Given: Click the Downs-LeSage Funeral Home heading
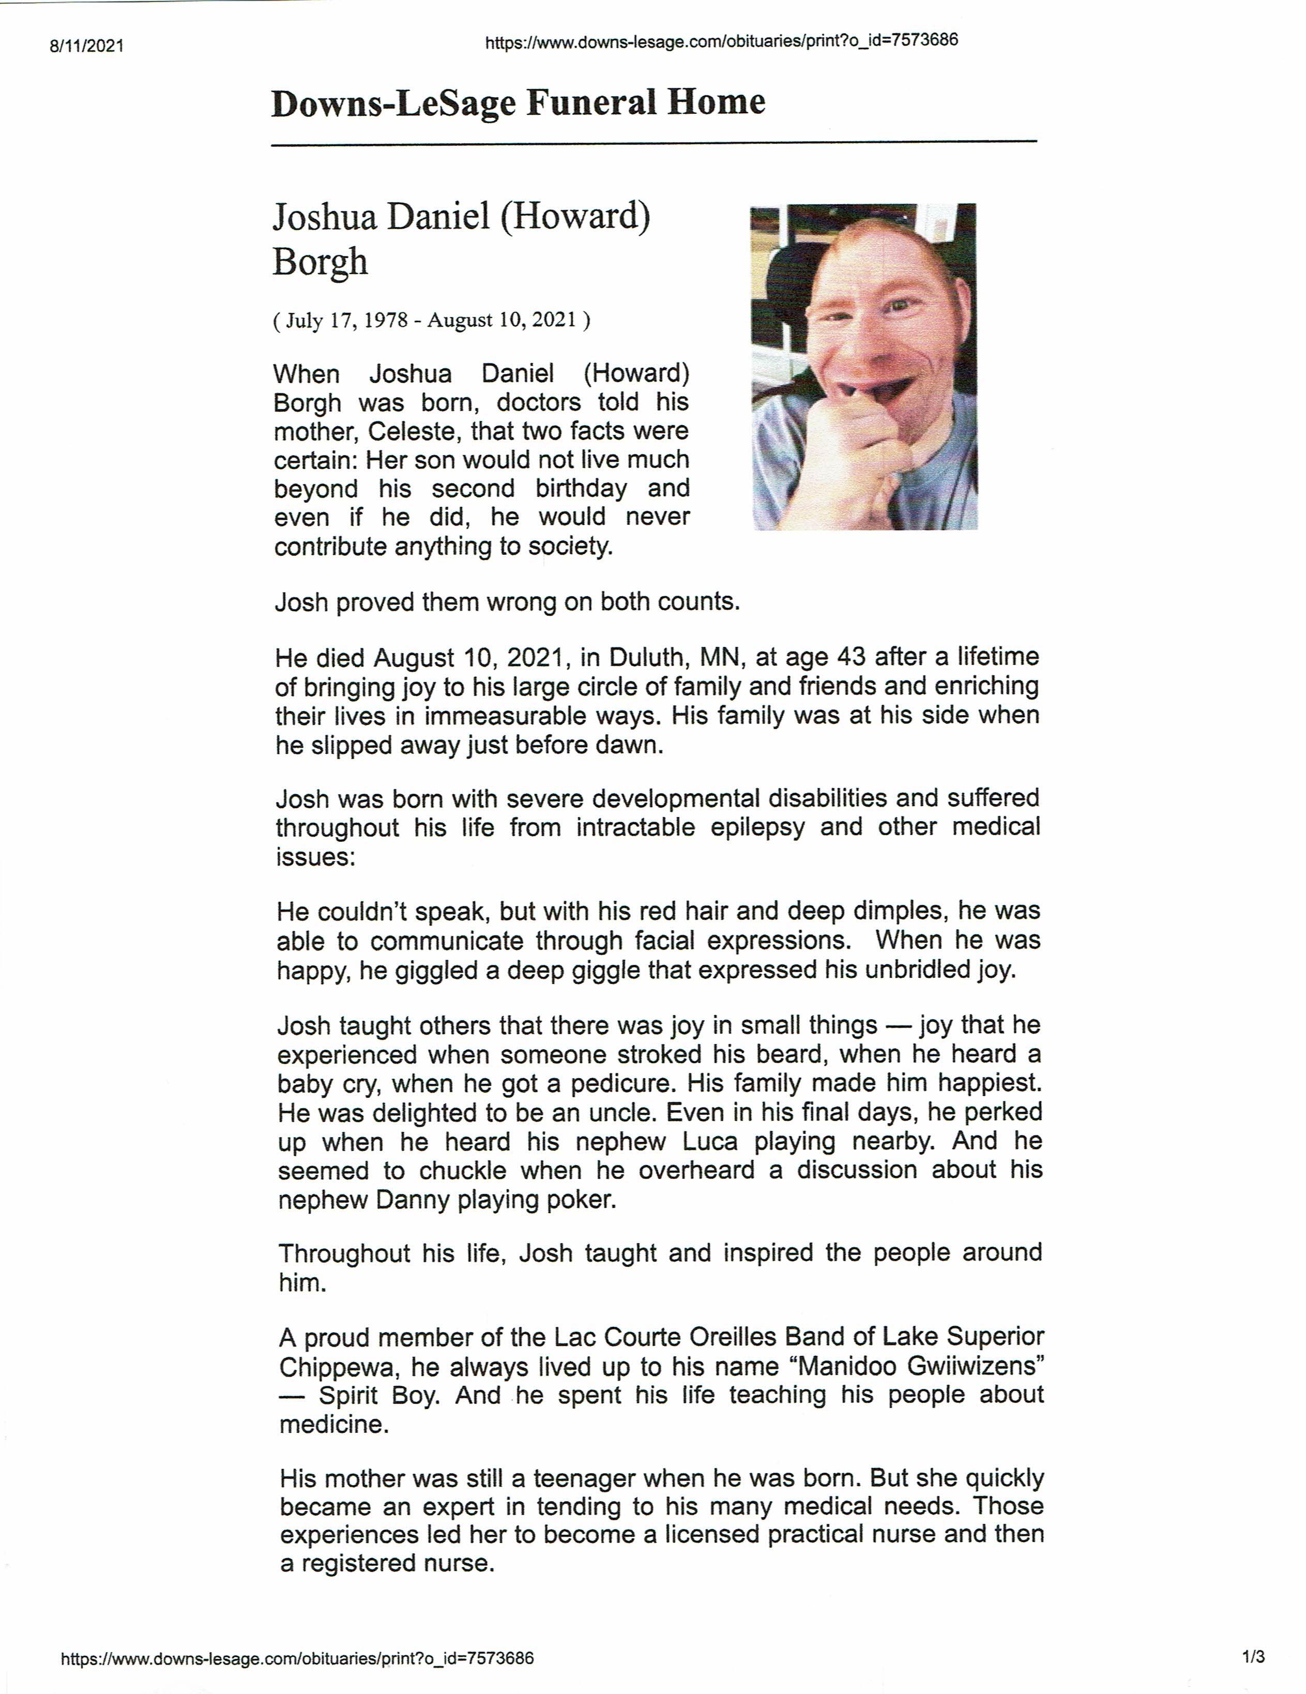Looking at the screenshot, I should click(518, 103).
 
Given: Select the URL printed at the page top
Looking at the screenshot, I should click(721, 41).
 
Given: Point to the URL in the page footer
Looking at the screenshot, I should click(297, 1658).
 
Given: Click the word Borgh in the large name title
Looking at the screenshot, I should click(320, 262).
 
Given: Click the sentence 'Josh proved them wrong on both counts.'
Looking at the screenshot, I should click(507, 602).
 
